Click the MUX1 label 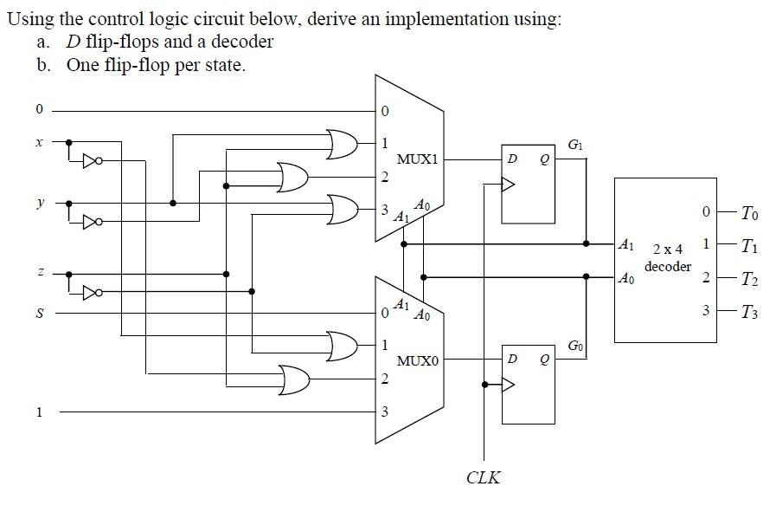pyautogui.click(x=418, y=159)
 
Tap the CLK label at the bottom pyautogui.click(x=483, y=477)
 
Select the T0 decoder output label pyautogui.click(x=750, y=212)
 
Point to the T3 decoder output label pyautogui.click(x=750, y=311)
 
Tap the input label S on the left pyautogui.click(x=38, y=313)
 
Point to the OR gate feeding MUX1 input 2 pyautogui.click(x=293, y=178)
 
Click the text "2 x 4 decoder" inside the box pyautogui.click(x=667, y=258)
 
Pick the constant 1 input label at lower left pyautogui.click(x=38, y=412)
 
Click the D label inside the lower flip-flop pyautogui.click(x=513, y=360)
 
